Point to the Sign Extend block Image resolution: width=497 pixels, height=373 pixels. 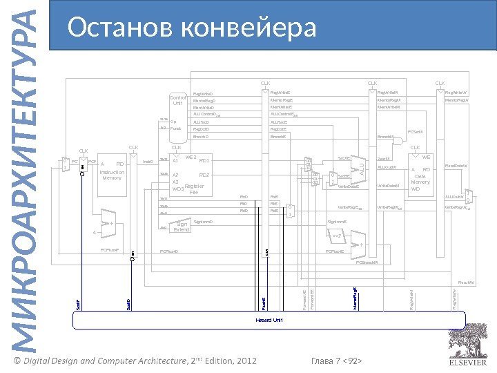click(x=182, y=226)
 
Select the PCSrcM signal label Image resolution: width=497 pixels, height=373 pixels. click(x=415, y=131)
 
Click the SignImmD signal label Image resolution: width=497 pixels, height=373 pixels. click(x=204, y=222)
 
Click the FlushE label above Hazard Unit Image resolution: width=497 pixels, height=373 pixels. click(x=262, y=301)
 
